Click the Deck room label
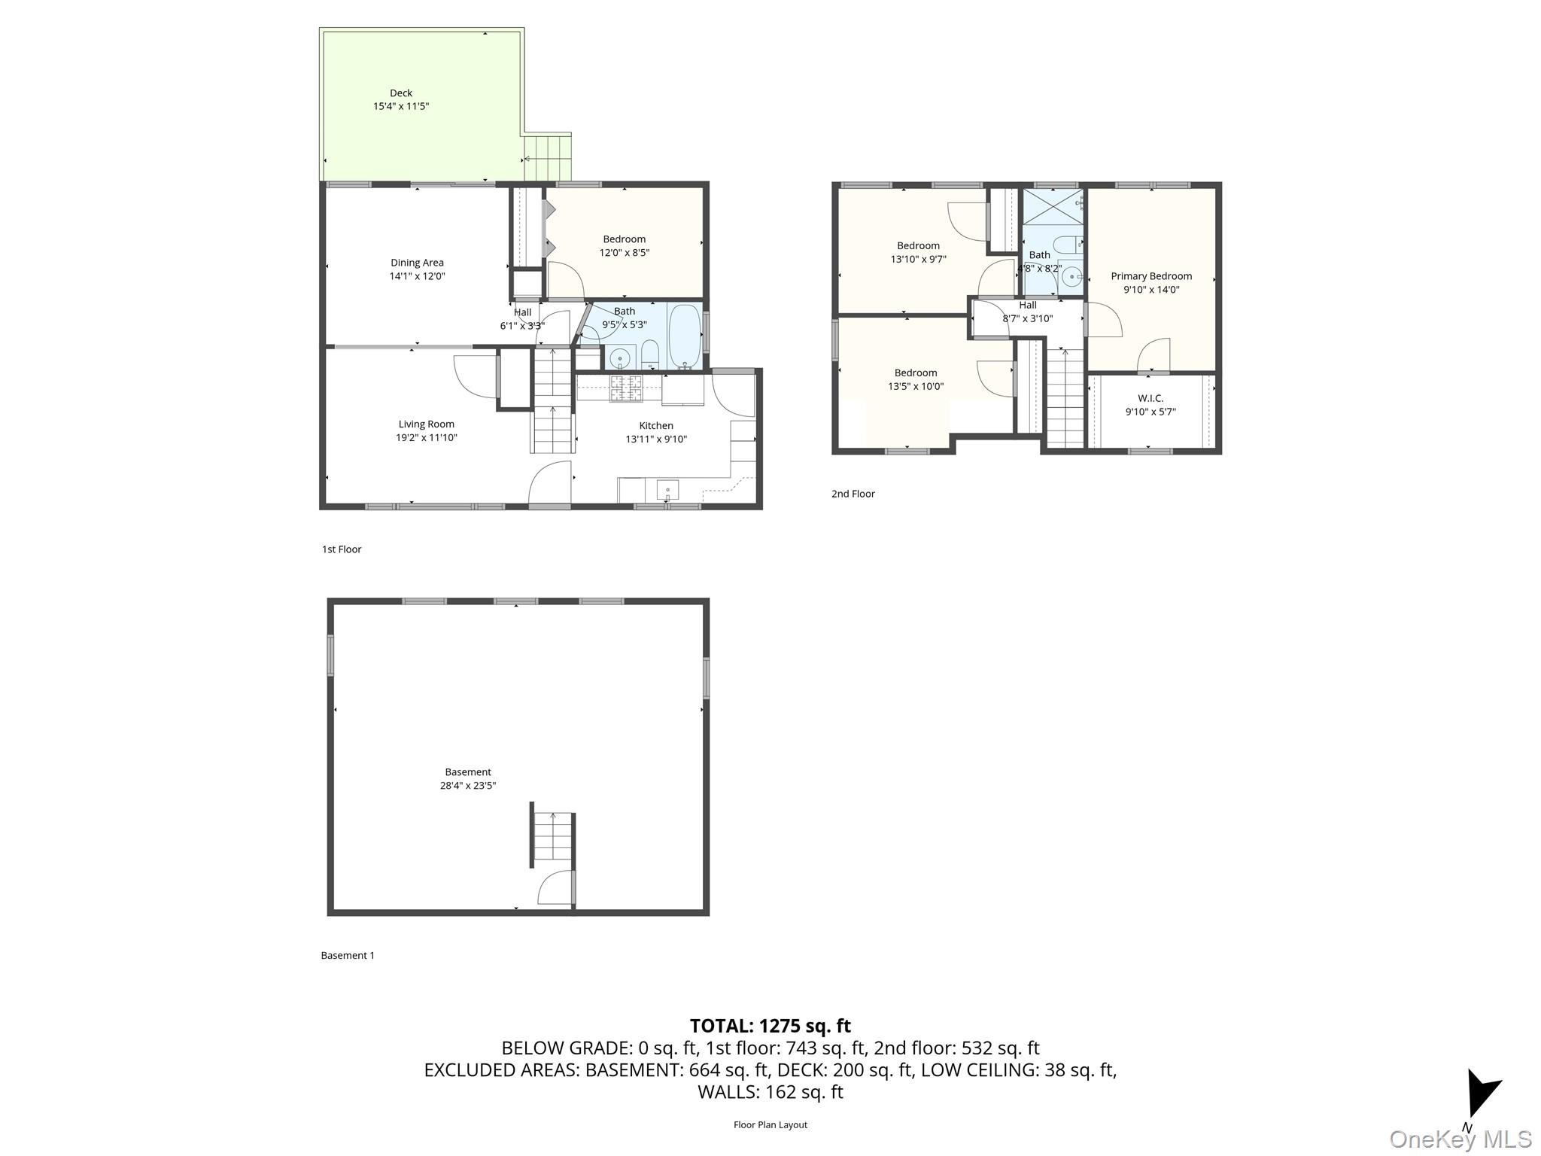tap(400, 93)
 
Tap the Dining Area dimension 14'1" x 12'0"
tap(417, 276)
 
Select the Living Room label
tap(426, 424)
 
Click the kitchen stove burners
tap(625, 387)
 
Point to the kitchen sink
tap(667, 491)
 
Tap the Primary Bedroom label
tap(1150, 276)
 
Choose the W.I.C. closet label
tap(1150, 398)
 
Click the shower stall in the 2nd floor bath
tap(1053, 205)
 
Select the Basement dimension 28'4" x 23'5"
tap(468, 786)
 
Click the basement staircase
tap(553, 838)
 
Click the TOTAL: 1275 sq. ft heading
tap(770, 1026)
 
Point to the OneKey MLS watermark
tap(1460, 1139)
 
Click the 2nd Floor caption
tap(853, 494)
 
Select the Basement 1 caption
tap(347, 955)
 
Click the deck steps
tap(549, 158)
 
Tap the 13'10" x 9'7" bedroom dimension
tap(918, 259)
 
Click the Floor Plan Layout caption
tap(770, 1124)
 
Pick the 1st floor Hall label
tap(522, 312)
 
